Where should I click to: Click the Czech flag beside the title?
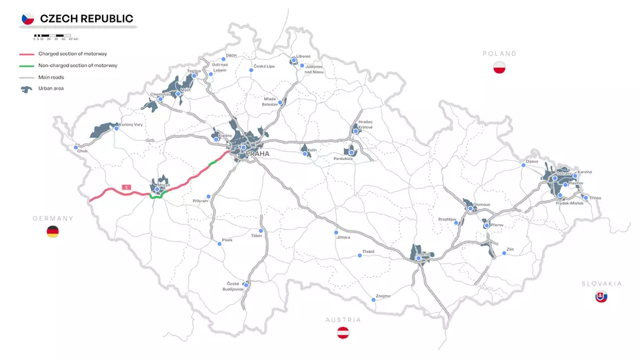(28, 19)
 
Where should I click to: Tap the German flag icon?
(52, 232)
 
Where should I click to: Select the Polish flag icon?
(500, 68)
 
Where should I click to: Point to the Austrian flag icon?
(343, 334)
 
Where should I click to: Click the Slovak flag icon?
(601, 297)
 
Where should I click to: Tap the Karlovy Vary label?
(131, 125)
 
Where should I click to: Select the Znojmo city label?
(383, 296)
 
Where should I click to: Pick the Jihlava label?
(343, 237)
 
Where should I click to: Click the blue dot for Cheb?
(76, 147)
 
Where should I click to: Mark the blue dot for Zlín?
(504, 253)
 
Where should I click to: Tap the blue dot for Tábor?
(261, 231)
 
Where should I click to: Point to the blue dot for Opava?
(523, 165)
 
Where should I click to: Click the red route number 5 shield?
(126, 186)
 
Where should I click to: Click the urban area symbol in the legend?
(27, 88)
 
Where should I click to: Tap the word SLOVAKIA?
(601, 283)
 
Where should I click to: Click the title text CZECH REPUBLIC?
(87, 19)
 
